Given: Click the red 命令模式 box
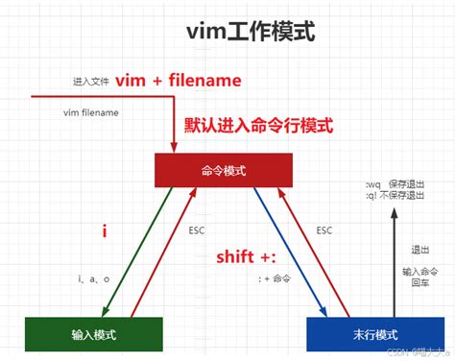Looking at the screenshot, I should click(224, 170).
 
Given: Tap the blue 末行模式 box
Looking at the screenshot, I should click(375, 334).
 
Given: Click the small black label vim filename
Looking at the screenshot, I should click(92, 113).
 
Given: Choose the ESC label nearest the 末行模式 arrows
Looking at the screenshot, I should click(323, 230).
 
